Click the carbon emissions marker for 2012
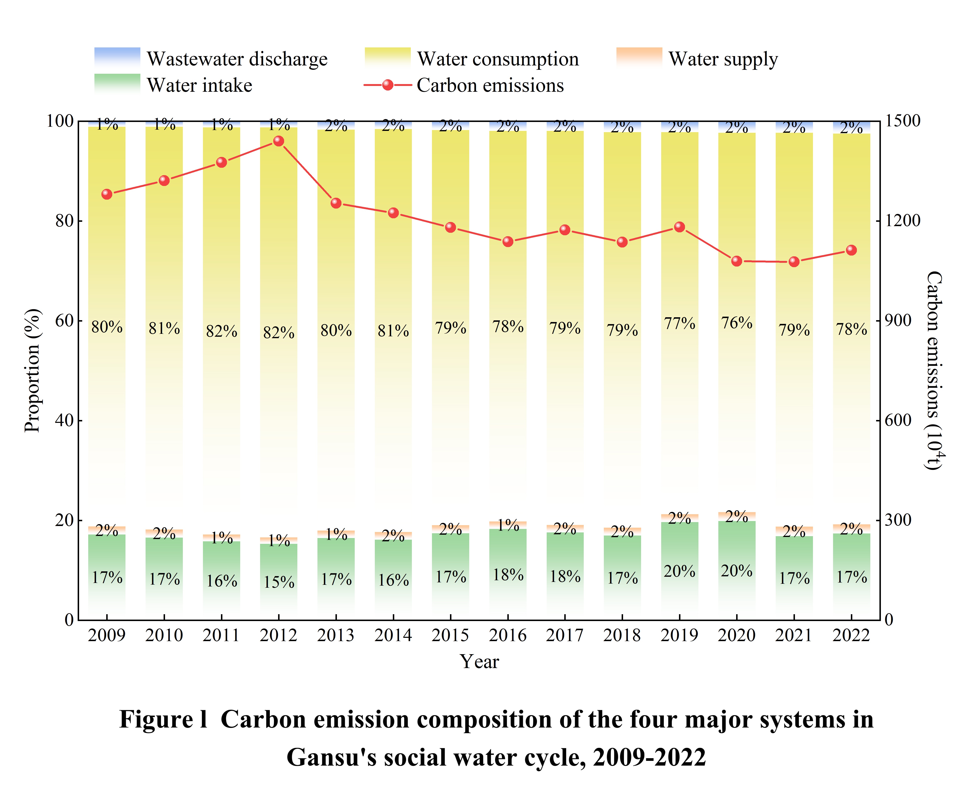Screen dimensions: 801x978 tap(279, 141)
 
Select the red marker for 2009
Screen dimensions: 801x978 tap(107, 194)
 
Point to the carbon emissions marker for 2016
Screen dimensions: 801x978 tap(508, 241)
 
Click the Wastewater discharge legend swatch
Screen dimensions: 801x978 tap(117, 58)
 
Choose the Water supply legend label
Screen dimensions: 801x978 tap(723, 59)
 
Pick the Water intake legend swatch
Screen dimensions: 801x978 tap(117, 84)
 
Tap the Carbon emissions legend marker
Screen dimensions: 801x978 tap(387, 85)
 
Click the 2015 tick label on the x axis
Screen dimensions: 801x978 tap(450, 636)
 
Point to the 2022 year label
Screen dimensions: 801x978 tap(851, 636)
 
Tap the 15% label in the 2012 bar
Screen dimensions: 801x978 tap(279, 582)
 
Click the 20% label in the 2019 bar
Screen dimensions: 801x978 tap(680, 571)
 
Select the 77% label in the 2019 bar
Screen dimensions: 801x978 tap(680, 323)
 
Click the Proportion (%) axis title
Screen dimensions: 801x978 tap(32, 370)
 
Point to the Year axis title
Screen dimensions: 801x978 tap(479, 662)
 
